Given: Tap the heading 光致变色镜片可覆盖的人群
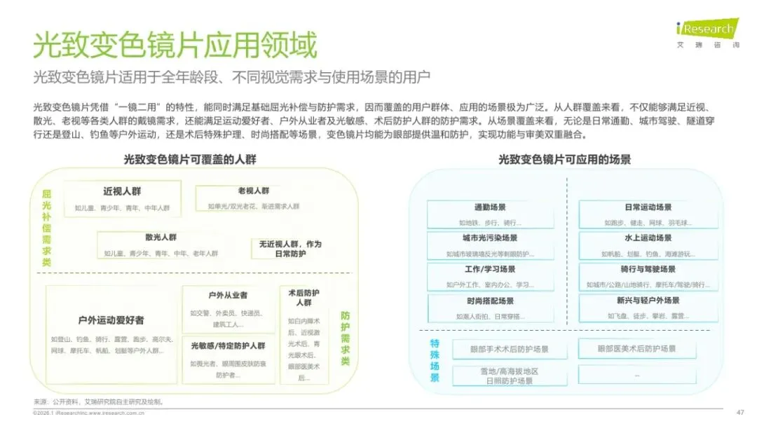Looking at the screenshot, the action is pos(190,159).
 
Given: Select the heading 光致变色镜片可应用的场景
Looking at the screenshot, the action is pos(564,159).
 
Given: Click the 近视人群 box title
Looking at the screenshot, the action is pos(123,191).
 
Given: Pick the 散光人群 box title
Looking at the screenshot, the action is pos(161,238).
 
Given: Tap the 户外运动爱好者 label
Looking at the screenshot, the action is pos(111,319).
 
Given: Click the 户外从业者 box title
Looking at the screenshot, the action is pos(228,296).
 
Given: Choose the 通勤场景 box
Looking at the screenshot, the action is pos(490,214).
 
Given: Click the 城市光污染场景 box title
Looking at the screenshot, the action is pos(490,238).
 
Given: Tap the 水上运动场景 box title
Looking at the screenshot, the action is pos(648,238).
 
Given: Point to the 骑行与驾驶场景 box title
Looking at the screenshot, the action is pos(648,269).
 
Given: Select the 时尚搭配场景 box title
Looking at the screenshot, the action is pos(490,301).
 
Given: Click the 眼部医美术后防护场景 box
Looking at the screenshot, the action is pos(636,348).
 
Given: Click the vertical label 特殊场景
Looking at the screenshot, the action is pos(435,361).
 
